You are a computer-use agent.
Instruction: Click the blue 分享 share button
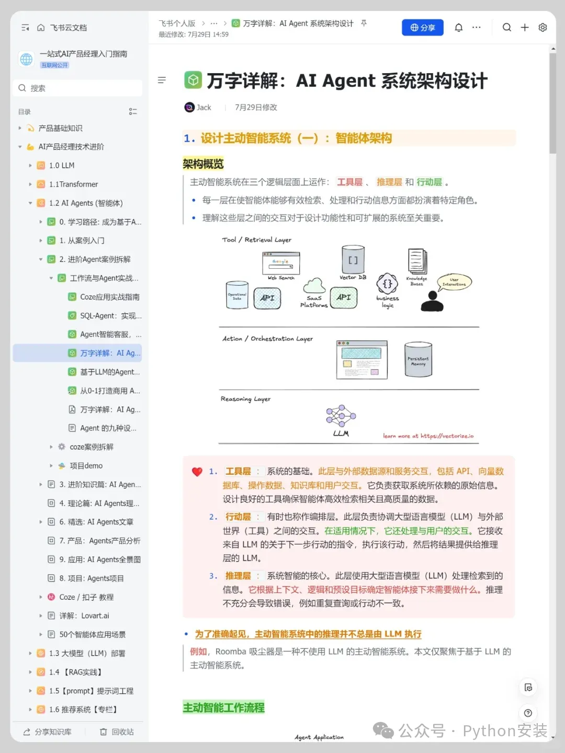(x=422, y=28)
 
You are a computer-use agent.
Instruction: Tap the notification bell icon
(x=459, y=28)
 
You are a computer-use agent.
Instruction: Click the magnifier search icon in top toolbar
(x=506, y=28)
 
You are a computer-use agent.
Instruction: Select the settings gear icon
(x=543, y=28)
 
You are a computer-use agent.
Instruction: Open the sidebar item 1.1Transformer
(x=73, y=184)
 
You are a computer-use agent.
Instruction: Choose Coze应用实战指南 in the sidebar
(x=109, y=297)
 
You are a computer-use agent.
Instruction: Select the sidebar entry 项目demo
(x=86, y=466)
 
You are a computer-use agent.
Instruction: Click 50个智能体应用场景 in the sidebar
(x=92, y=634)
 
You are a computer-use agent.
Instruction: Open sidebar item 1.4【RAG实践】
(x=76, y=672)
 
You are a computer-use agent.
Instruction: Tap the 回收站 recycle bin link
(x=117, y=732)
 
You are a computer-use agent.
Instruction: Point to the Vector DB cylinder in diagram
(x=353, y=258)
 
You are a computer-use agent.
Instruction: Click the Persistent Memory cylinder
(x=418, y=359)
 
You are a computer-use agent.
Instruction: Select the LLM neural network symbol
(x=341, y=416)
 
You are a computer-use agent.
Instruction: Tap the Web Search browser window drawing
(x=281, y=263)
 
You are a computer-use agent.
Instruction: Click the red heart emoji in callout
(x=197, y=472)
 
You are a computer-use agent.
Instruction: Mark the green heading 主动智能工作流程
(x=223, y=708)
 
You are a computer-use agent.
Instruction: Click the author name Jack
(x=204, y=107)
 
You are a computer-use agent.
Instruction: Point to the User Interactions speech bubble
(x=454, y=282)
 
